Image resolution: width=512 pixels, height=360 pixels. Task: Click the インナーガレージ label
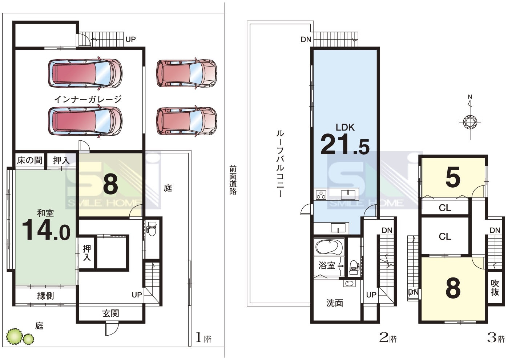coord(88,99)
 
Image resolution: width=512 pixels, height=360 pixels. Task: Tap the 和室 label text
coord(45,213)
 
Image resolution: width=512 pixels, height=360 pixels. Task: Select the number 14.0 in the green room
coord(46,230)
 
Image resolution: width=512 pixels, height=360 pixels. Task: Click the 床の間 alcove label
coord(30,160)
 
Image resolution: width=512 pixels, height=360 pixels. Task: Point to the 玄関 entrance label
coord(110,313)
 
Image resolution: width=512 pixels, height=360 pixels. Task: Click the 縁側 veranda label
coord(45,296)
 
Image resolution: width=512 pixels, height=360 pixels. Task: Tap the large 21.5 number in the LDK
coord(345,145)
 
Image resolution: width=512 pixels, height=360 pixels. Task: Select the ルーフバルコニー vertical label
coord(280,164)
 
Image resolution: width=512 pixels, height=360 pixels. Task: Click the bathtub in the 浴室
coord(329,247)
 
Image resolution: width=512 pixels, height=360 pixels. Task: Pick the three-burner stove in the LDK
coord(321,195)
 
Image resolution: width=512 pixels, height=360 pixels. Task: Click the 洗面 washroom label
coord(335,303)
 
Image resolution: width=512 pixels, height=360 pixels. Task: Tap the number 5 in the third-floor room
coord(453,177)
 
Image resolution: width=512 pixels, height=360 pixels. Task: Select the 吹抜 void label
coord(495,288)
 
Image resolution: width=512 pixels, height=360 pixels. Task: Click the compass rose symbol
coord(470,122)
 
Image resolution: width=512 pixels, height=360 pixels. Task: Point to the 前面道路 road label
coord(233,180)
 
